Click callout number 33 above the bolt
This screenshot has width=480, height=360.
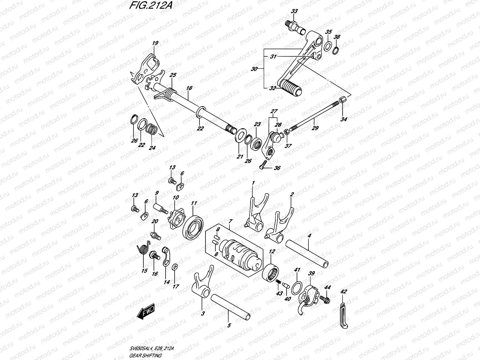click(294, 11)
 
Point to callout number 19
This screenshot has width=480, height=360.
click(155, 43)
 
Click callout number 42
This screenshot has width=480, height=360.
click(344, 292)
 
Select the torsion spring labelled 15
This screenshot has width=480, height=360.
click(143, 250)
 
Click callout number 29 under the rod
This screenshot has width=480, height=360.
click(315, 128)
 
